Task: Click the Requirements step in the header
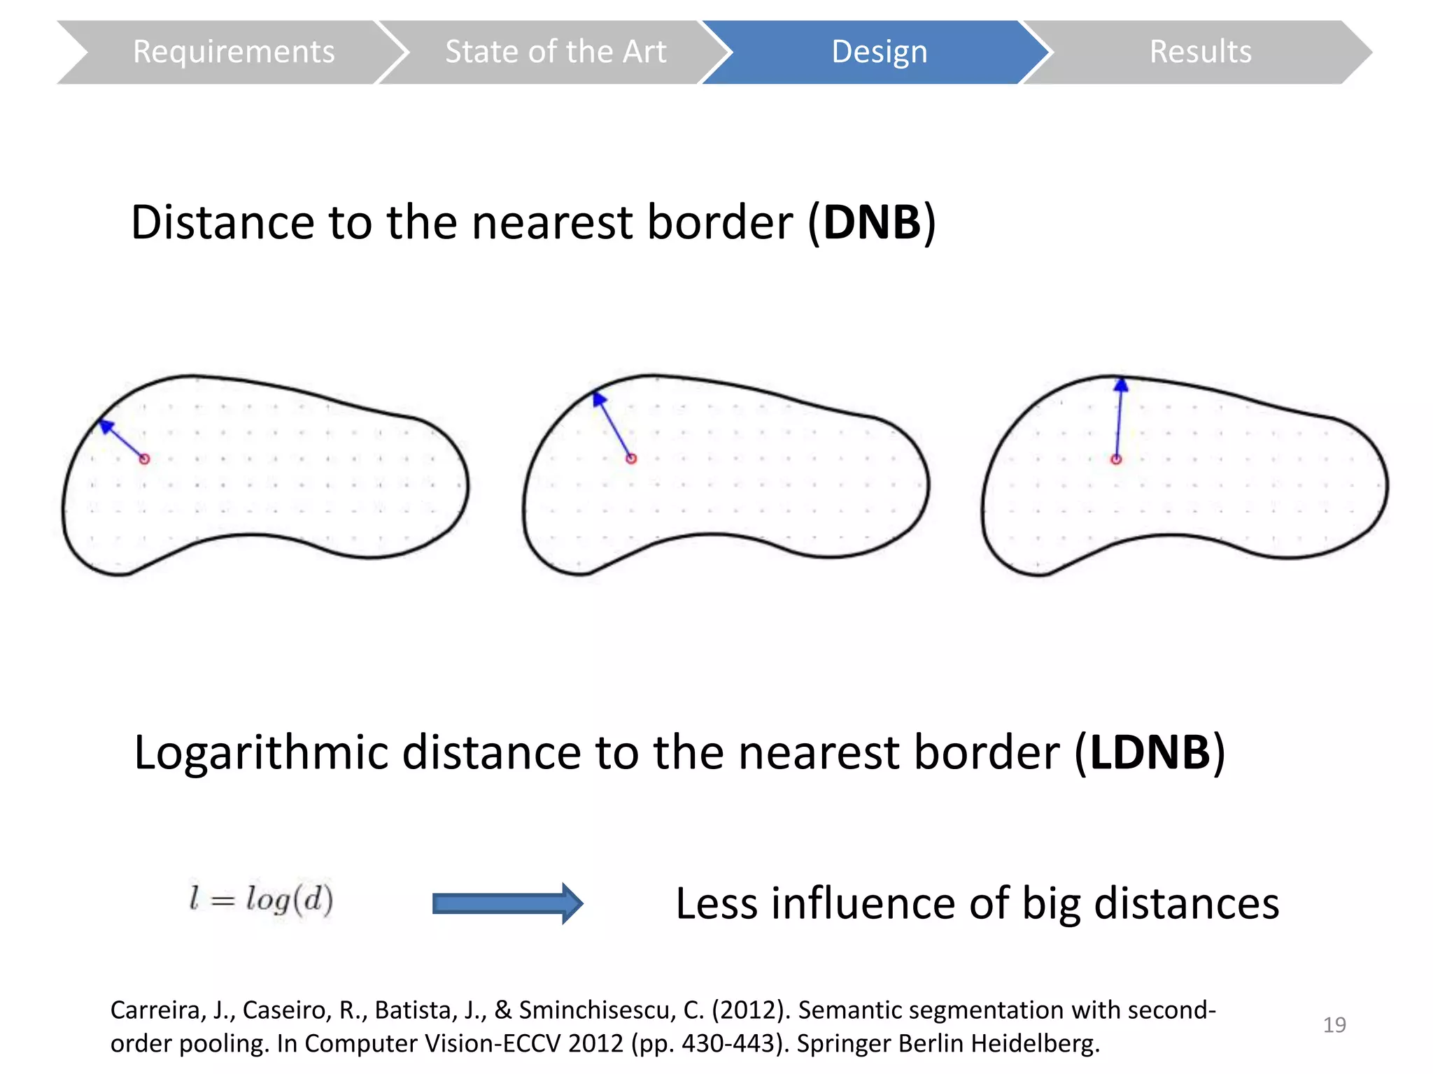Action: click(233, 52)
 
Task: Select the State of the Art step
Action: click(556, 52)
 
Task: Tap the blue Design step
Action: click(879, 52)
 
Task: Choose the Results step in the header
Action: click(1200, 52)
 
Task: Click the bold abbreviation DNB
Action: click(872, 223)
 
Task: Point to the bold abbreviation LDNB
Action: click(1150, 753)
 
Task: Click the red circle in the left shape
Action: click(144, 459)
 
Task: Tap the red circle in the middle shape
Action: click(631, 459)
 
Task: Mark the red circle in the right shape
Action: click(1116, 459)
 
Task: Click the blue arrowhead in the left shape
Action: click(106, 426)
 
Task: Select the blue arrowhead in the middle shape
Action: click(599, 399)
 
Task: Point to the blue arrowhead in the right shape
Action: click(1121, 385)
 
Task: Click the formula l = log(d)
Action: click(261, 900)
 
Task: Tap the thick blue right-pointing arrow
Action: click(507, 903)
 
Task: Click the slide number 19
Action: click(1334, 1025)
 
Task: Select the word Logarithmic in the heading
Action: click(260, 753)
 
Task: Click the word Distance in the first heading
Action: click(223, 223)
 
